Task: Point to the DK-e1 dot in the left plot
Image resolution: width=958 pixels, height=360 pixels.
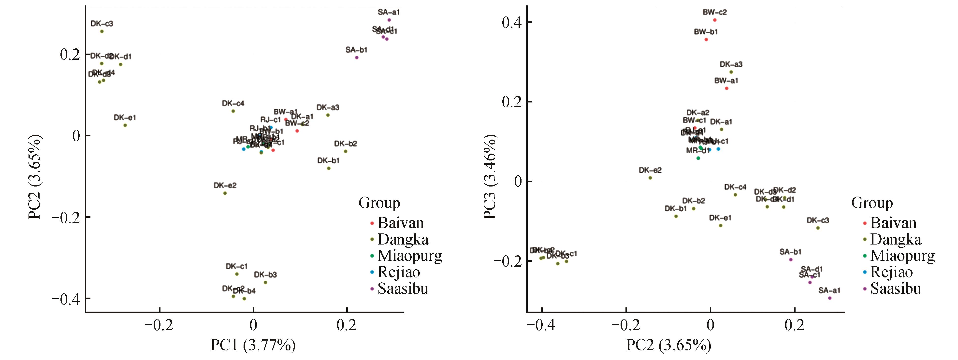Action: click(x=125, y=125)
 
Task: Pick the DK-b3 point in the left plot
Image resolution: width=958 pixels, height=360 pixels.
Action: click(x=265, y=283)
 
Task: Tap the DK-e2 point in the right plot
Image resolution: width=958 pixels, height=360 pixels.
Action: click(x=650, y=178)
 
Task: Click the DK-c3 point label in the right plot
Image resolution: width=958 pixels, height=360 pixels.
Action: click(x=818, y=220)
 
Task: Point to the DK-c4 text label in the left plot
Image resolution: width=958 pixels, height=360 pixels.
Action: click(x=233, y=103)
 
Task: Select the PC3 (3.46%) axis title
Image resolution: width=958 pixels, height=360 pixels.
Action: click(x=490, y=177)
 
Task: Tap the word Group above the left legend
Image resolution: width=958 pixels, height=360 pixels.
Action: click(x=379, y=203)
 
